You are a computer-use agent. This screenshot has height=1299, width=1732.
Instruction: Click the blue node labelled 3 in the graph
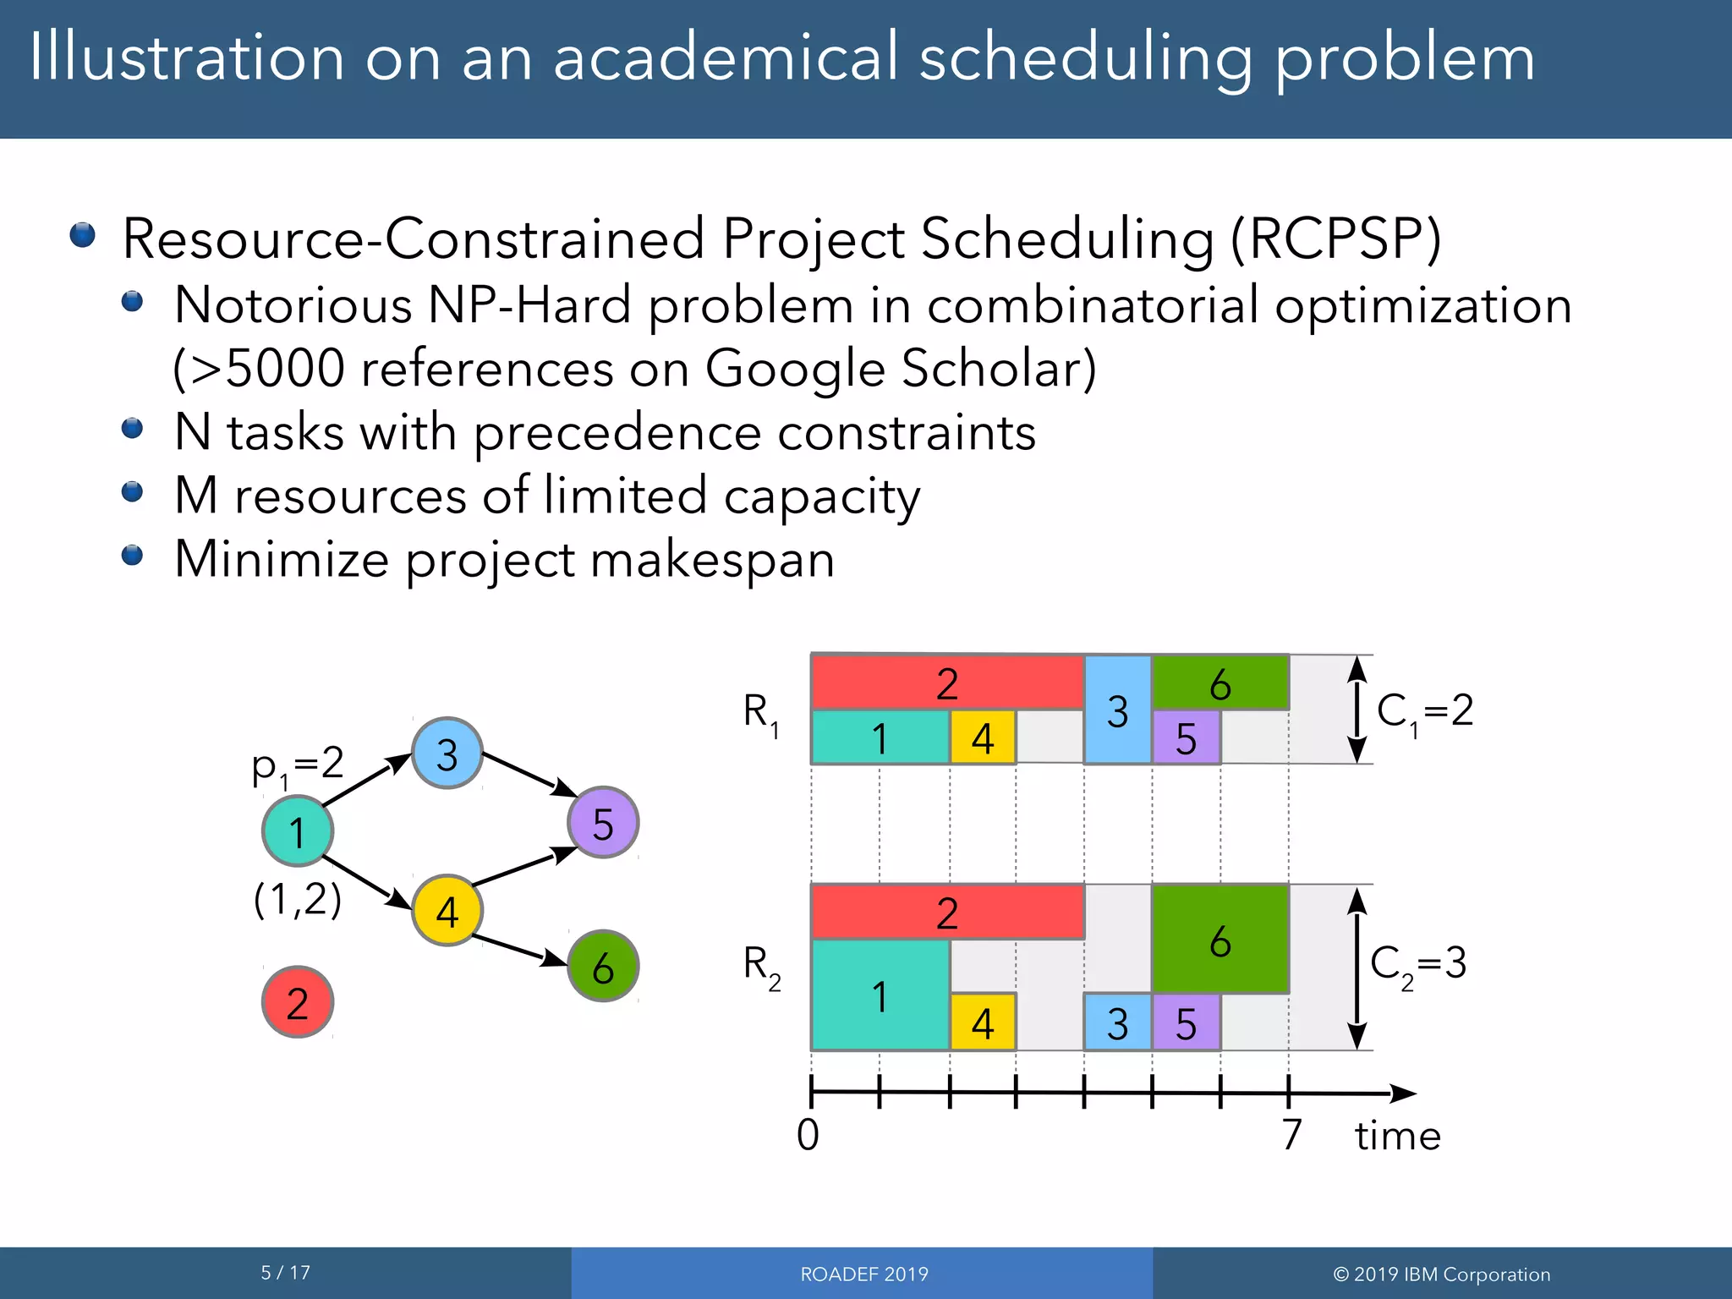(x=447, y=754)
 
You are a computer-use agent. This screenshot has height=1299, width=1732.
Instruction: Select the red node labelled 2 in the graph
(x=298, y=1002)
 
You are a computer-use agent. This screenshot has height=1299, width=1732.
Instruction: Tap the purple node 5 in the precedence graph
(x=603, y=823)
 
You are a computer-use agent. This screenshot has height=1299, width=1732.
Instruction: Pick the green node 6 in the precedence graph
(x=603, y=966)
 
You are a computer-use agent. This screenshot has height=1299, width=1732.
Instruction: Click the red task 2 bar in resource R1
(x=947, y=682)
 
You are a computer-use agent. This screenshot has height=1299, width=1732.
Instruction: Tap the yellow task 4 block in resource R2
(x=982, y=1022)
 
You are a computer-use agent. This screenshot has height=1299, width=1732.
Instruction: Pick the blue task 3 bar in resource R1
(x=1118, y=710)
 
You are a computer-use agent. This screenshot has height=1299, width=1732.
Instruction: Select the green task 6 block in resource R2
(x=1220, y=939)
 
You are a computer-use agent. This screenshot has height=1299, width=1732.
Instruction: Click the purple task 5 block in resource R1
(x=1187, y=738)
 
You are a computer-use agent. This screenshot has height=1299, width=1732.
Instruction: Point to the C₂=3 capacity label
(x=1418, y=965)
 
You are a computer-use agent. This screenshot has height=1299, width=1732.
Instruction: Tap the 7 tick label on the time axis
(x=1291, y=1134)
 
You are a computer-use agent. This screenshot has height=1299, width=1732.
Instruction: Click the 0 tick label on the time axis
(x=808, y=1134)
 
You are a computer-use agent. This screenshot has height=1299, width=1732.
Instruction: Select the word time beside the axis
(x=1397, y=1135)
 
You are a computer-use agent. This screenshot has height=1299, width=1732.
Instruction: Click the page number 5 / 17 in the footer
(x=286, y=1273)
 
